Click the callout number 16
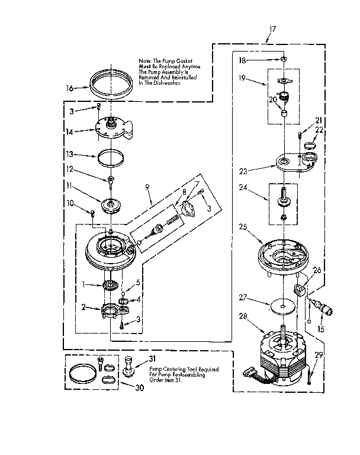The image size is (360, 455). [x=69, y=88]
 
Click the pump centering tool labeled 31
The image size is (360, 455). [x=129, y=365]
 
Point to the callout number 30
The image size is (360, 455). [x=123, y=389]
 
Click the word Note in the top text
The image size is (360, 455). [x=145, y=60]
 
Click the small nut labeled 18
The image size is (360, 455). [x=284, y=60]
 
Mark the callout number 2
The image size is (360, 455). [x=84, y=307]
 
